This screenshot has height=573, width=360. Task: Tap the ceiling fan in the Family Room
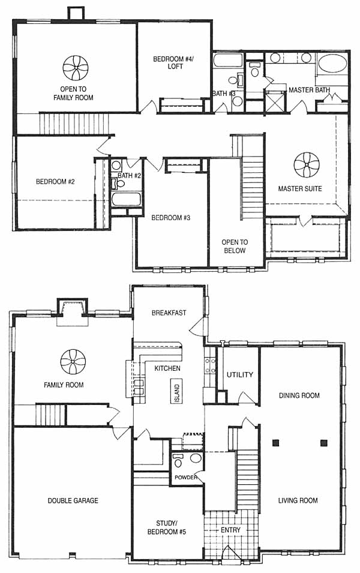(x=73, y=362)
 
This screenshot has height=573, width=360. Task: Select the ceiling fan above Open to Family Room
(x=76, y=68)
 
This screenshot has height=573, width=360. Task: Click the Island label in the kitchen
(x=177, y=393)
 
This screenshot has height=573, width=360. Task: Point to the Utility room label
(x=240, y=374)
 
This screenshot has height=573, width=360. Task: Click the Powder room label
(x=186, y=477)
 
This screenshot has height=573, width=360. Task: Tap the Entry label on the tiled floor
(x=230, y=530)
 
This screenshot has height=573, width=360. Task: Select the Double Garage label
(x=73, y=500)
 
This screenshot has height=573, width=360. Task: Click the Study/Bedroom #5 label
(x=166, y=527)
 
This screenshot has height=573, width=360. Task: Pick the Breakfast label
(x=169, y=313)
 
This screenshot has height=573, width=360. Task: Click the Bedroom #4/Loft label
(x=173, y=62)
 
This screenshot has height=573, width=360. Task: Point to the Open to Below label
(x=235, y=247)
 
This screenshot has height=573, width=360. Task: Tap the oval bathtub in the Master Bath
(x=332, y=64)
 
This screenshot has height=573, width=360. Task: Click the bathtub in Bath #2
(x=126, y=200)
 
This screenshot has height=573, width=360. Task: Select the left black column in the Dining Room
(x=276, y=443)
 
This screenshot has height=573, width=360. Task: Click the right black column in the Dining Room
(x=323, y=443)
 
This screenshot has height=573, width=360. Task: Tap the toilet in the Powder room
(x=178, y=461)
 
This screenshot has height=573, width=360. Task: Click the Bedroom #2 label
(x=55, y=181)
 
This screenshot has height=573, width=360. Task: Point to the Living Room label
(x=298, y=500)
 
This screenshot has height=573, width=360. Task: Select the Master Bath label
(x=309, y=90)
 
